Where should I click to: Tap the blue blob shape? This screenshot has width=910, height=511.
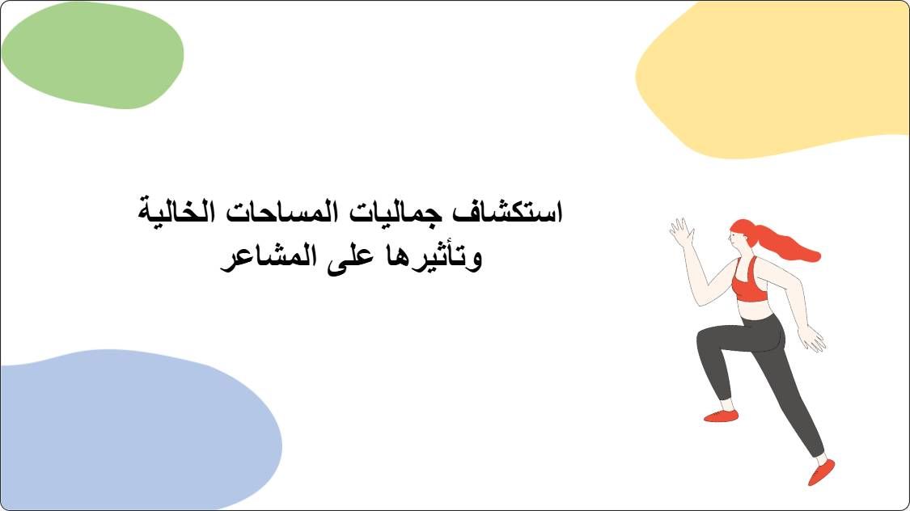click(x=129, y=429)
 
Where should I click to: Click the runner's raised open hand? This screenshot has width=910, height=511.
click(x=682, y=232)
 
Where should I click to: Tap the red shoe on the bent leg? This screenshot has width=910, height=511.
click(x=721, y=416)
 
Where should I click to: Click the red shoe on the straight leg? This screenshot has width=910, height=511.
click(x=821, y=471)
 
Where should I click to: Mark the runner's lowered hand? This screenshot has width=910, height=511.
click(x=811, y=339)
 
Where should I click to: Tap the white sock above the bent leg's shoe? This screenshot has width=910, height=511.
click(x=726, y=404)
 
